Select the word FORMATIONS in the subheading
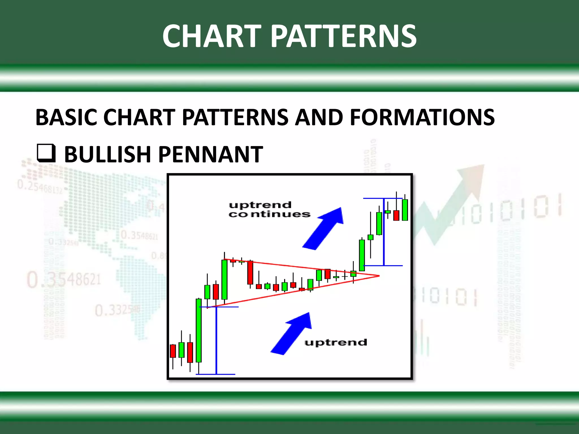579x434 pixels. pos(422,117)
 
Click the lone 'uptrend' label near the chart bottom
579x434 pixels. pos(336,342)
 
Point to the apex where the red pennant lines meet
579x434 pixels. pos(378,275)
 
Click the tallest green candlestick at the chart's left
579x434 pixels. pos(199,330)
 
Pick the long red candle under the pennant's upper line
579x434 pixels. pos(250,272)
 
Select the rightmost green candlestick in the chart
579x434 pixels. pos(405,210)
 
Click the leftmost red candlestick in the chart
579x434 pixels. pos(173,351)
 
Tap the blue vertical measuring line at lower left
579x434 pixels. pos(216,340)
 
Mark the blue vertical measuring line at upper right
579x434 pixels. pos(384,232)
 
